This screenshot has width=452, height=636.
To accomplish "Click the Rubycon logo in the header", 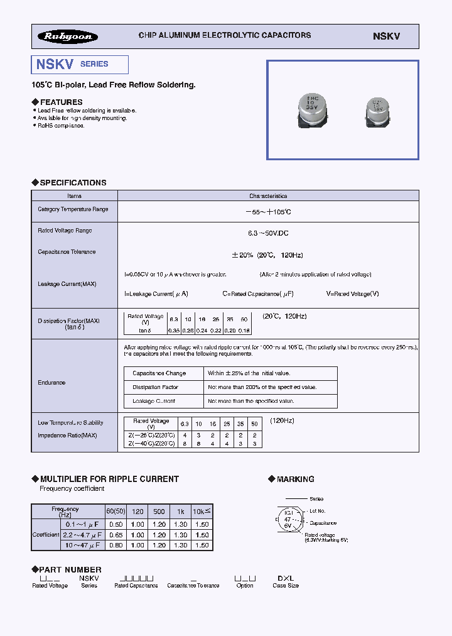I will point(68,36).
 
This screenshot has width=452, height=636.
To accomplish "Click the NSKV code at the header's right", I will point(386,36).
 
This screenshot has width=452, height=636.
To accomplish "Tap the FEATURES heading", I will point(61,102).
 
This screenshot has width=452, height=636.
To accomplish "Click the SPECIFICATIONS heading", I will point(73,183).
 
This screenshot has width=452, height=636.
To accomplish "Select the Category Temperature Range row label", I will point(73,209).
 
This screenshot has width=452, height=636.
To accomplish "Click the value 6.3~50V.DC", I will point(268,233).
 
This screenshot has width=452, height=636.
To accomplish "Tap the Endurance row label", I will point(51,382).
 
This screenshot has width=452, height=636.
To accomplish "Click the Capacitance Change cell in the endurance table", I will point(159,373).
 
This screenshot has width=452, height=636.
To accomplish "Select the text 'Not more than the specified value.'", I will point(251,401).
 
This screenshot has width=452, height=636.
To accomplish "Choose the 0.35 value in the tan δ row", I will point(174,330).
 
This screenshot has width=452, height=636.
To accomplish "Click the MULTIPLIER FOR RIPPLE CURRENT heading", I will point(109,479).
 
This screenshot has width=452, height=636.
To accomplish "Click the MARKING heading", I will point(295,479).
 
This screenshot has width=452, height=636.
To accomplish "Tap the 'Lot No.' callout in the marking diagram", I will point(318,511).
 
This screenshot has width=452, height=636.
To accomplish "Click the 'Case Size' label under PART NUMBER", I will point(286,586).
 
